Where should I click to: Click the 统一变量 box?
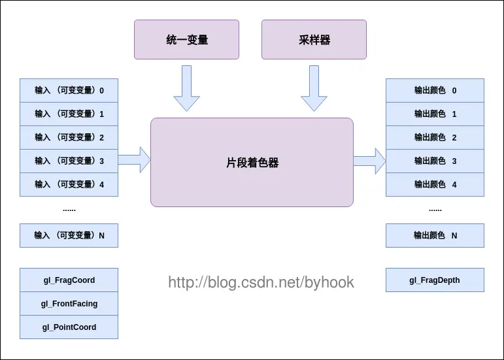coord(186,39)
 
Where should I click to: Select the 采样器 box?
coord(314,39)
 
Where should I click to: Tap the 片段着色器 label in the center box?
coord(252,163)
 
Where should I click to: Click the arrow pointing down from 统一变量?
coord(186,88)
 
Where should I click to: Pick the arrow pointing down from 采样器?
coord(314,88)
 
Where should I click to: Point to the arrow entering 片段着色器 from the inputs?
coord(135,159)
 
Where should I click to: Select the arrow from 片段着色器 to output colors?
coord(369,161)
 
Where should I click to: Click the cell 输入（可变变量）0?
coord(69,91)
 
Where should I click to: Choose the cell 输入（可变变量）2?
coord(69,137)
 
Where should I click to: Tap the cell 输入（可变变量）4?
coord(69,184)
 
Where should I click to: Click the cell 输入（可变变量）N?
coord(69,235)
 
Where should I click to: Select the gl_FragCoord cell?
coord(69,280)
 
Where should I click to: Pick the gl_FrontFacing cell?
coord(69,303)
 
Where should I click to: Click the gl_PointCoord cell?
coord(69,327)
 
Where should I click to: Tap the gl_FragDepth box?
coord(435,280)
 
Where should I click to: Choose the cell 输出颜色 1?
coord(435,114)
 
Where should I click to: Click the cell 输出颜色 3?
coord(435,161)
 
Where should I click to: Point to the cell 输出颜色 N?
coord(435,235)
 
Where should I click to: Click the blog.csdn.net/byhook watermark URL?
coord(261,283)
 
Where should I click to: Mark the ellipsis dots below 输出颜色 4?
coord(435,210)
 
